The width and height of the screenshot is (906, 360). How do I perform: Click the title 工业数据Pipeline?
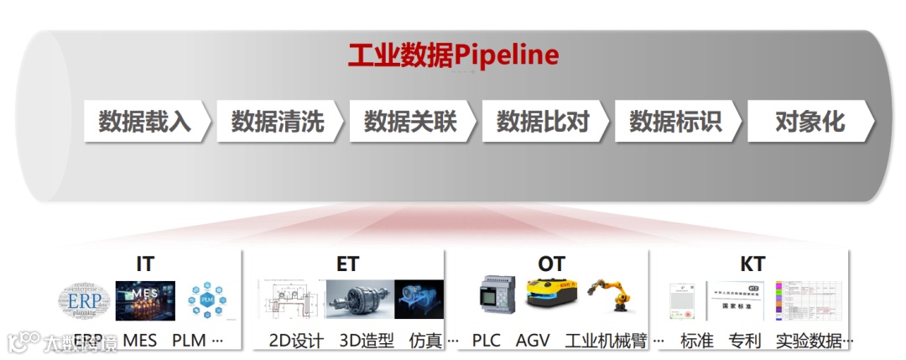[454, 55]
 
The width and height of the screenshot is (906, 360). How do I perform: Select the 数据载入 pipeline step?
[145, 122]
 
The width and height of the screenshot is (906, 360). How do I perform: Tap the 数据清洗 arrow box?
[278, 122]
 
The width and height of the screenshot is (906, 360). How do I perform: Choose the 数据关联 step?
[410, 122]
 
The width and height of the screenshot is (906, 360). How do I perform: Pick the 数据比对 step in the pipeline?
[543, 122]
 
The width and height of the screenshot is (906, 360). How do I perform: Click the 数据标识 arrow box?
[675, 122]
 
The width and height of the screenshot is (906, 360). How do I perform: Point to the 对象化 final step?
[810, 122]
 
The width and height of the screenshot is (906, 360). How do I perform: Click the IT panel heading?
[145, 263]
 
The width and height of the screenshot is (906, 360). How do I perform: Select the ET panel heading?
[347, 263]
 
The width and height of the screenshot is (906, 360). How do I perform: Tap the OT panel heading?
[551, 263]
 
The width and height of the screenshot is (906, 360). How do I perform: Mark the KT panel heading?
[752, 263]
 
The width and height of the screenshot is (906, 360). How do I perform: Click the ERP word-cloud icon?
[84, 301]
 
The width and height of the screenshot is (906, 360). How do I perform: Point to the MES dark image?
[144, 301]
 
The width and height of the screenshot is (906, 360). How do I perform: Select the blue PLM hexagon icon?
[206, 301]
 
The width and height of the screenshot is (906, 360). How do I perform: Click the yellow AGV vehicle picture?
[549, 295]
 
